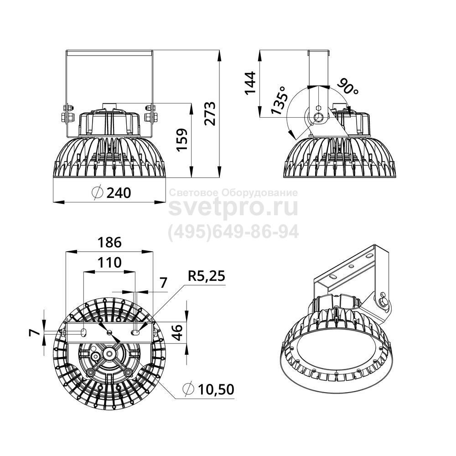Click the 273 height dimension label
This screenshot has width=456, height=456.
210,114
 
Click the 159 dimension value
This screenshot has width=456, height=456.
183,139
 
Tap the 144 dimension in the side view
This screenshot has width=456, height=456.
250,83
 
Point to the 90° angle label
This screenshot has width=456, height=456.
348,86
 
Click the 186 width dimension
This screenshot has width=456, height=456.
109,242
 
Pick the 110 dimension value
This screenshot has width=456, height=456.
109,262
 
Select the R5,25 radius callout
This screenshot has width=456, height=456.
207,276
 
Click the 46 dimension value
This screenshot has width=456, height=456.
178,332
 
